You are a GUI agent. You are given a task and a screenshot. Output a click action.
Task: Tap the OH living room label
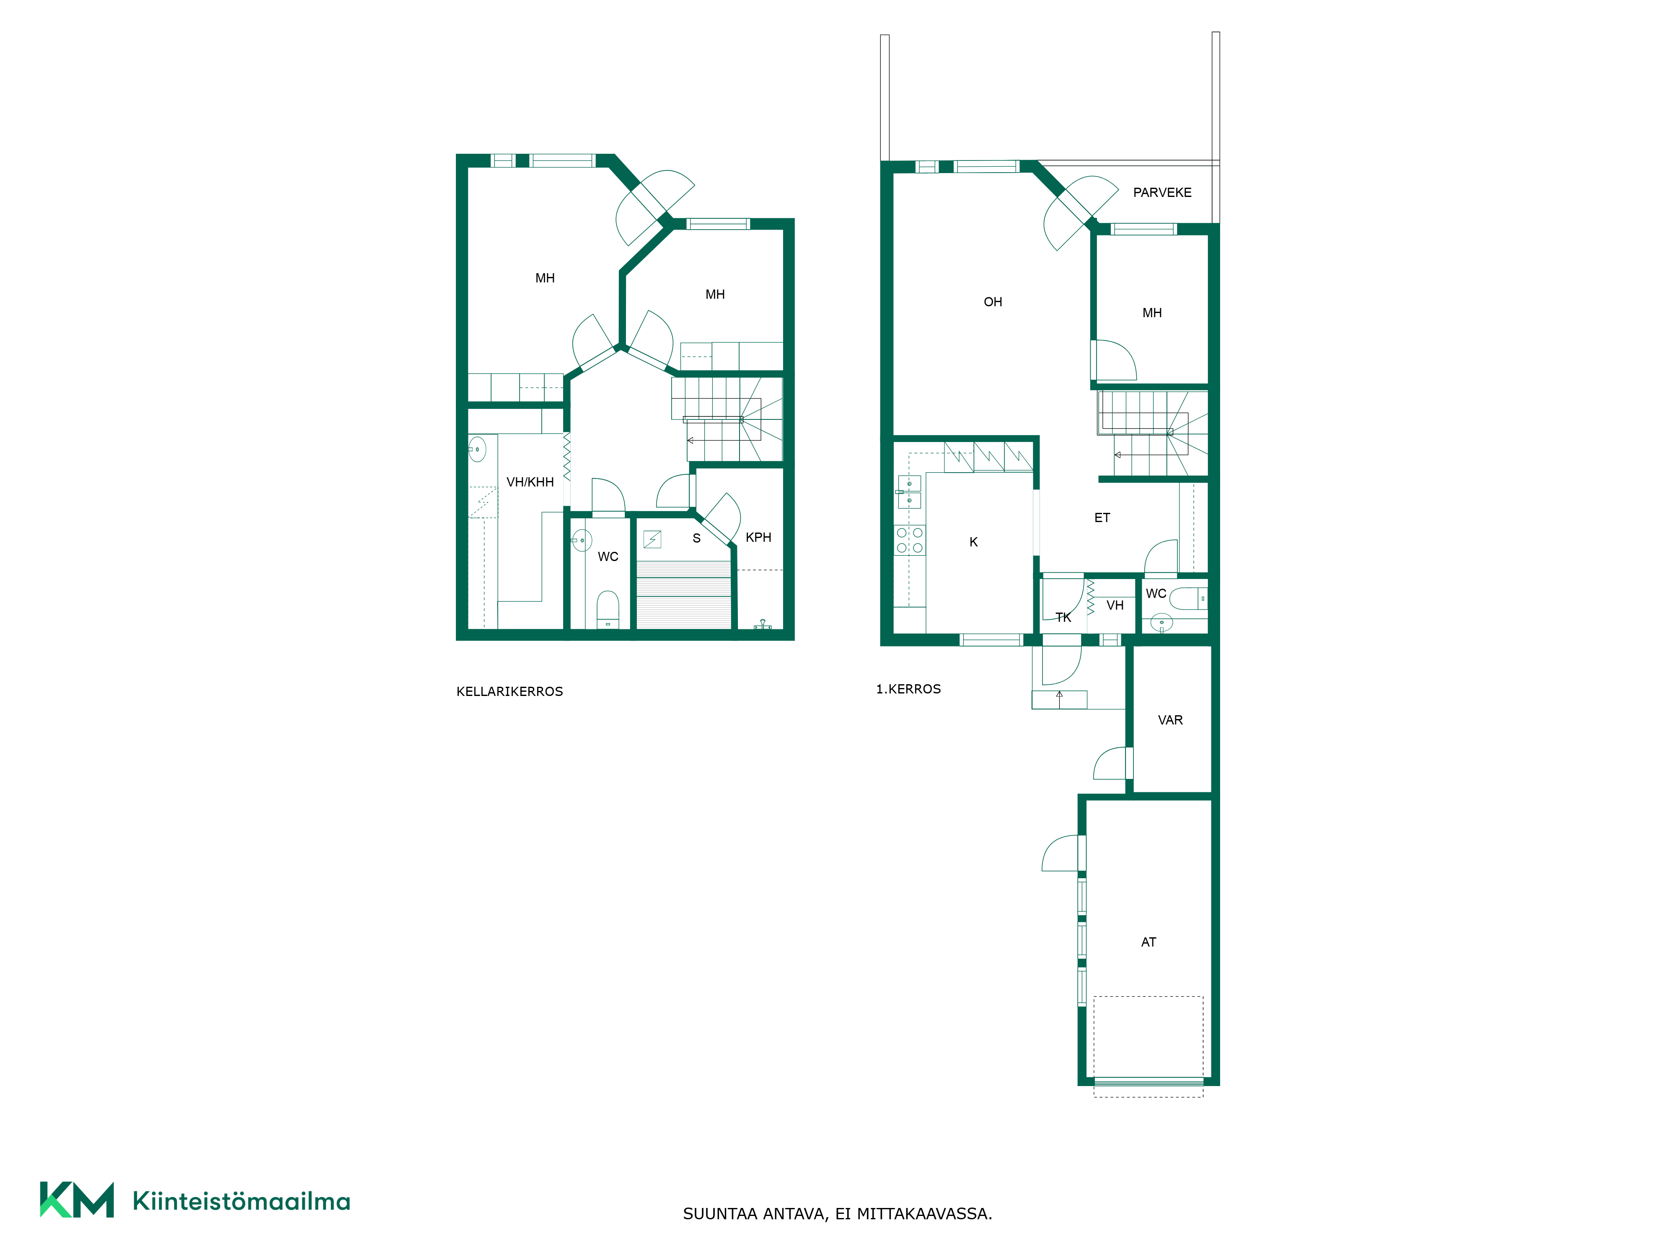[x=993, y=302]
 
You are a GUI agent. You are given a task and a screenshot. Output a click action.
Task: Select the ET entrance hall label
[x=1102, y=517]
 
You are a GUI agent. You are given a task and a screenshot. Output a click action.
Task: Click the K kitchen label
[x=974, y=542]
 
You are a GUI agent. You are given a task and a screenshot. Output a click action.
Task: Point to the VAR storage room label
[x=1170, y=720]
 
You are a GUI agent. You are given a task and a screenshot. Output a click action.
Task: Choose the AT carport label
[x=1148, y=942]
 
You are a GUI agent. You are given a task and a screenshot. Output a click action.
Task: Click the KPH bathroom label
[x=758, y=537]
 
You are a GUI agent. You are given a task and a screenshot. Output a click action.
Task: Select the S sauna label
[x=696, y=539]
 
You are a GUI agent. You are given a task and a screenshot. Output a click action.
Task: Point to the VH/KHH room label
[x=530, y=482]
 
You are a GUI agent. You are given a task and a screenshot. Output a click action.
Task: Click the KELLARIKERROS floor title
[x=509, y=692]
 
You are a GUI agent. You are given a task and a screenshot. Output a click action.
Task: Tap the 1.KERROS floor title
[x=908, y=689]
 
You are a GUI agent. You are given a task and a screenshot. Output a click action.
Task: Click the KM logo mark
[x=77, y=1200]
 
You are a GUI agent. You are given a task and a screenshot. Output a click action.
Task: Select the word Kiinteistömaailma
[x=241, y=1201]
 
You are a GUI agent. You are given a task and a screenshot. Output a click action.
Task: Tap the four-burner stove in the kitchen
[x=909, y=540]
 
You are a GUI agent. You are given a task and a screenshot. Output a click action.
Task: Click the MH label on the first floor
[x=1152, y=313]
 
